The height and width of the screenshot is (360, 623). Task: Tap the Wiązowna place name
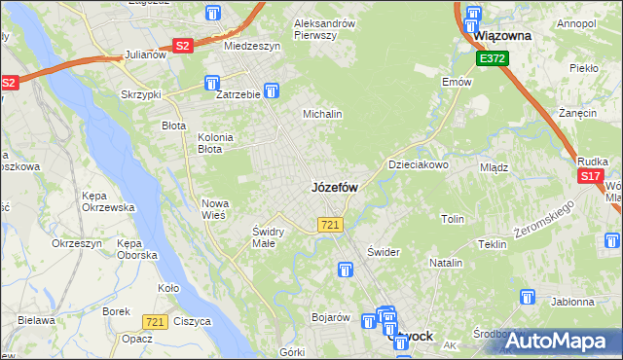tap(501, 36)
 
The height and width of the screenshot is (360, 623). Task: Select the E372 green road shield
tap(492, 59)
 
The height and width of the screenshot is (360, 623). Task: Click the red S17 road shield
tap(590, 176)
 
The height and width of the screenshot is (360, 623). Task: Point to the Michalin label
tap(323, 114)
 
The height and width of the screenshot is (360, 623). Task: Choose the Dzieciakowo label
tap(419, 165)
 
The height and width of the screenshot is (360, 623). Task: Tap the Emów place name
tap(457, 82)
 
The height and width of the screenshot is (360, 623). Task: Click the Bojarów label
tap(330, 317)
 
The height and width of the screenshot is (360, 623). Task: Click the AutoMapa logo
tap(559, 340)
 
